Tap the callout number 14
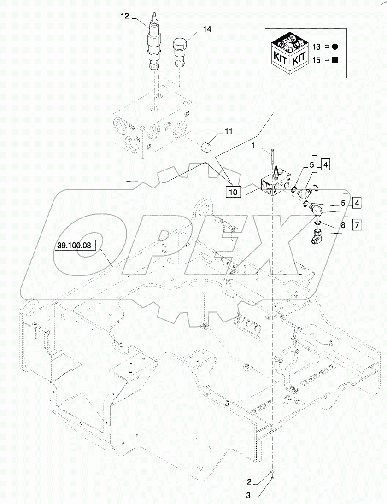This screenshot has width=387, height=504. (206, 29)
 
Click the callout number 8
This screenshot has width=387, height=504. (343, 225)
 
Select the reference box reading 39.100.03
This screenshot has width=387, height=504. (74, 246)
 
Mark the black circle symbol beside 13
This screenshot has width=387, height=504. (335, 47)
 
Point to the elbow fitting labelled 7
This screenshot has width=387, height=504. (317, 238)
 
